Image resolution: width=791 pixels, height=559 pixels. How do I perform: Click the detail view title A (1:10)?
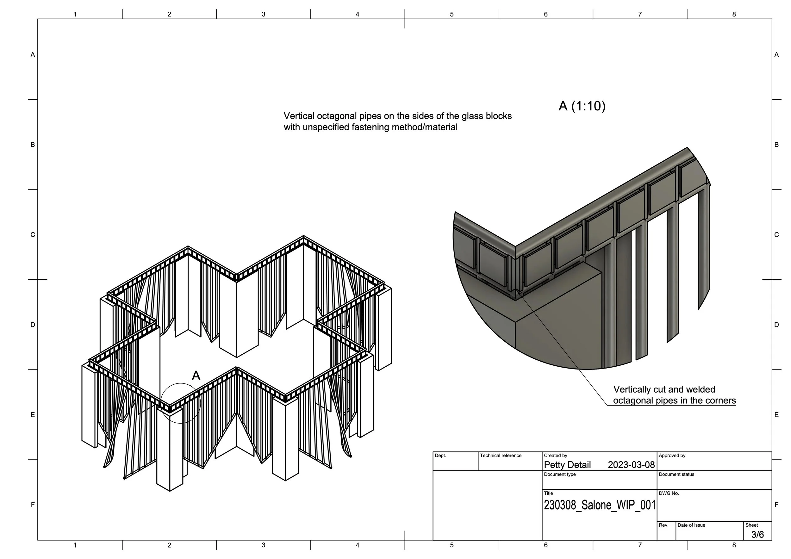click(x=582, y=106)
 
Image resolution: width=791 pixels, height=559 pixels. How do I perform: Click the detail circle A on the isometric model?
click(x=181, y=403)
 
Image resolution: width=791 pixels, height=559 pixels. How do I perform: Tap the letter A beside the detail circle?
click(x=196, y=376)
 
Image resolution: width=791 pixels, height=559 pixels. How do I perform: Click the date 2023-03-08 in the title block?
click(x=631, y=465)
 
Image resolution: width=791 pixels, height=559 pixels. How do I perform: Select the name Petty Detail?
click(x=567, y=465)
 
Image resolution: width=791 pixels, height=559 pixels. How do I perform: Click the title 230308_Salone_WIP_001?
click(x=599, y=505)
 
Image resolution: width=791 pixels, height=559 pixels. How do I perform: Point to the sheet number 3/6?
click(x=757, y=534)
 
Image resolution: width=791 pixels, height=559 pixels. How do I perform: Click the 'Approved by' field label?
click(x=672, y=455)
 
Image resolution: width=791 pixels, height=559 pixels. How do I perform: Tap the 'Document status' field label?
click(x=676, y=474)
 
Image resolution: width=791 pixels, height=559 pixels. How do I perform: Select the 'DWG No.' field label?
click(x=669, y=493)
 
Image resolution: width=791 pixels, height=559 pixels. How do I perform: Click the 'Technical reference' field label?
click(x=501, y=455)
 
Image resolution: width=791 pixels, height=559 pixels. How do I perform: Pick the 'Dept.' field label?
click(x=440, y=455)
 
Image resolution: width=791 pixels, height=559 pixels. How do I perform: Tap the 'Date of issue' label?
click(x=691, y=525)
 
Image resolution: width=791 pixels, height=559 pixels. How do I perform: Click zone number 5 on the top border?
click(x=451, y=15)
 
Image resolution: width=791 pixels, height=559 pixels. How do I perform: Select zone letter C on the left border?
click(x=33, y=235)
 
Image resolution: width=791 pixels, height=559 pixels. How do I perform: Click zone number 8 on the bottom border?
click(x=734, y=545)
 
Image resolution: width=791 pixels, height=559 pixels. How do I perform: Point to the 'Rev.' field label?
click(x=663, y=525)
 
